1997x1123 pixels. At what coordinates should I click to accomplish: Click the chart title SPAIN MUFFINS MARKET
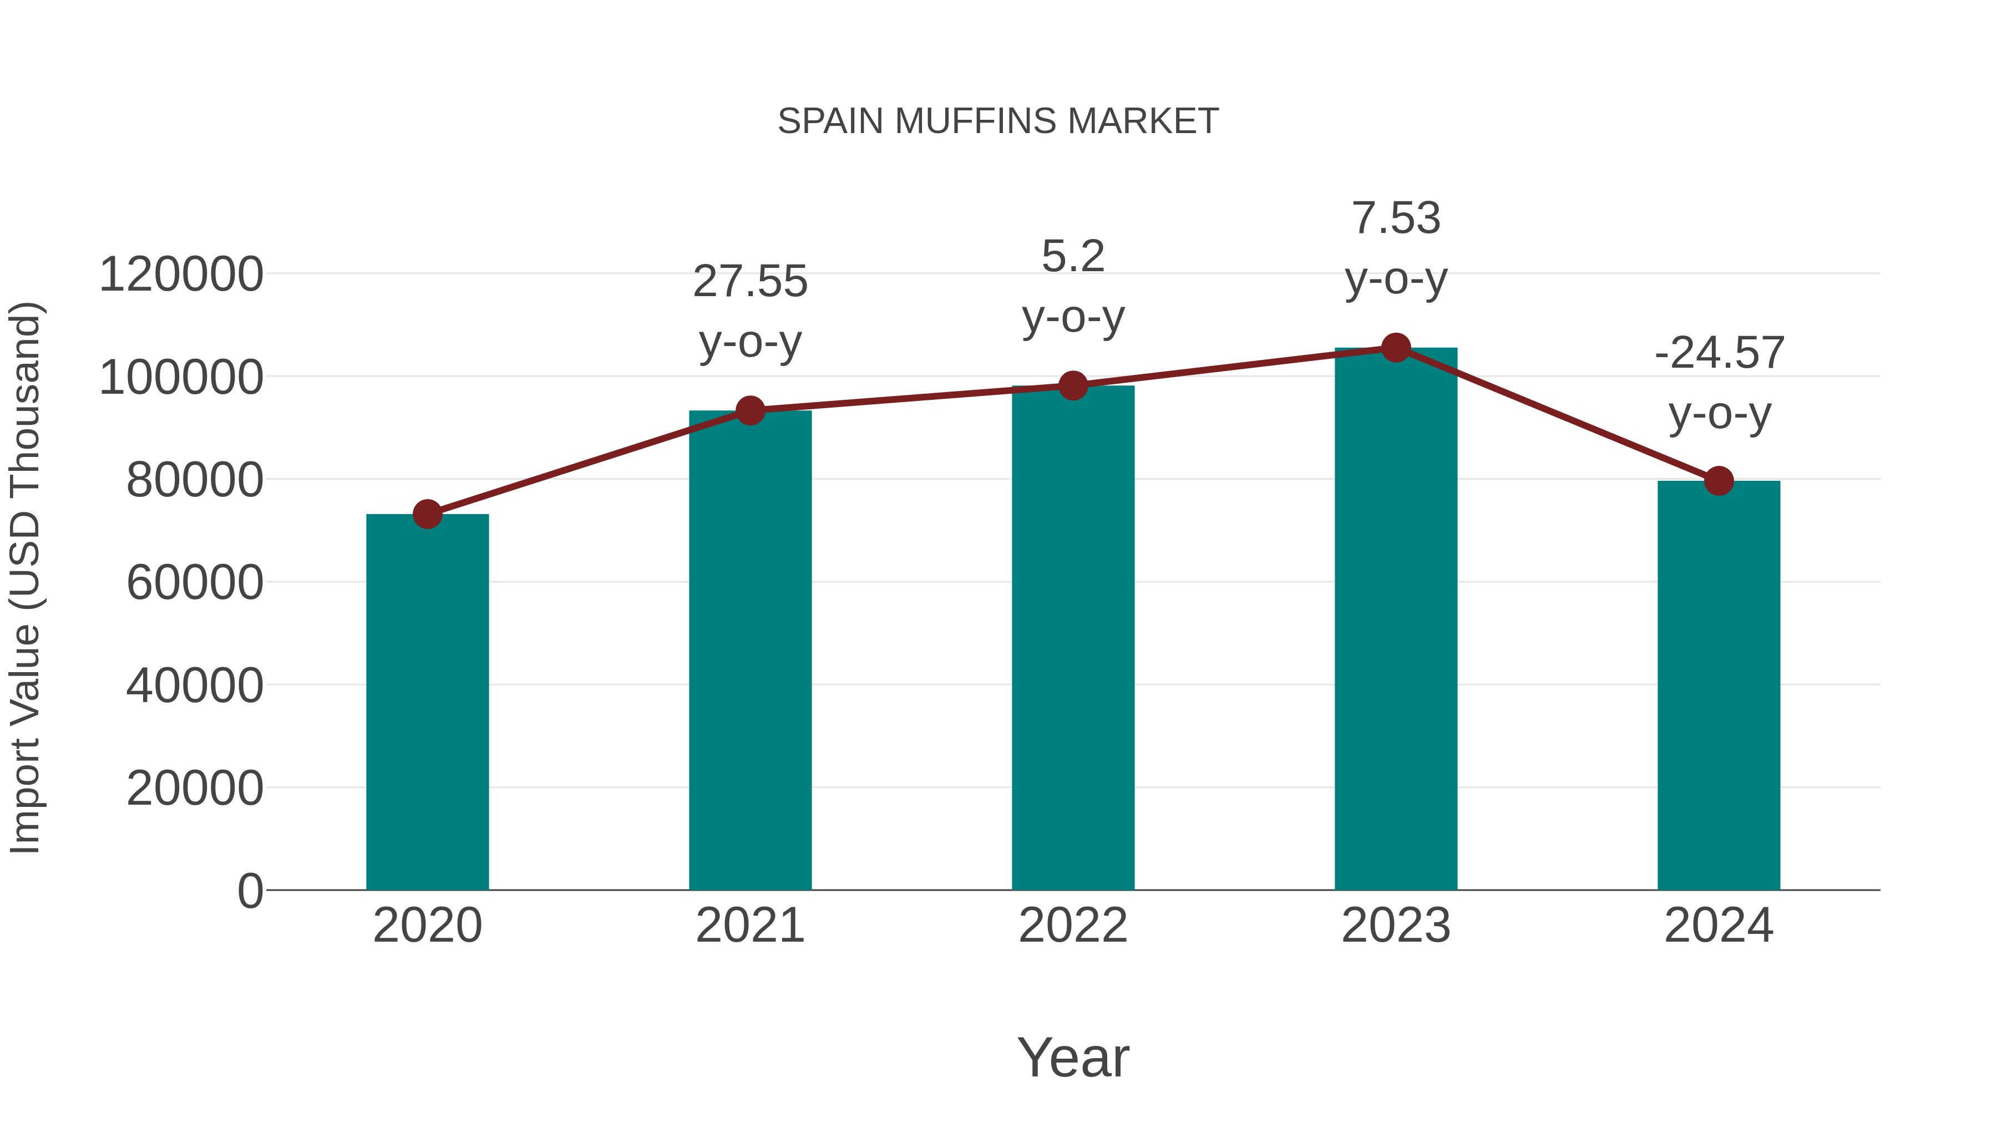[x=998, y=121]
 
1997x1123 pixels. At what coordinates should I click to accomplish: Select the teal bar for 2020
[x=427, y=702]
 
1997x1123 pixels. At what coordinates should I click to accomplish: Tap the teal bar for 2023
[x=1396, y=620]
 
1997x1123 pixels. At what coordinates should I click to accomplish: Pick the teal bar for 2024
[x=1719, y=686]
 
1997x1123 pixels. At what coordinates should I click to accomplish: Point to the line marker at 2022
[x=1073, y=385]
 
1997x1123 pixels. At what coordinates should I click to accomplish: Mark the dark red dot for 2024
[x=1719, y=480]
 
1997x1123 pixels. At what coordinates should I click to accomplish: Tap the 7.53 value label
[x=1396, y=218]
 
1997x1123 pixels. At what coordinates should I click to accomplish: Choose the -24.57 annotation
[x=1719, y=353]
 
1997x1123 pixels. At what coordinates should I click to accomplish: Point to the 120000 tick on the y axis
[x=181, y=275]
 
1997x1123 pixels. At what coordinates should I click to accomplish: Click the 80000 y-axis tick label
[x=195, y=480]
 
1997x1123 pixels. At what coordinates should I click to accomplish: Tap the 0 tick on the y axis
[x=250, y=891]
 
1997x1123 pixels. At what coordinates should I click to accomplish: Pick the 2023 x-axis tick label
[x=1396, y=926]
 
